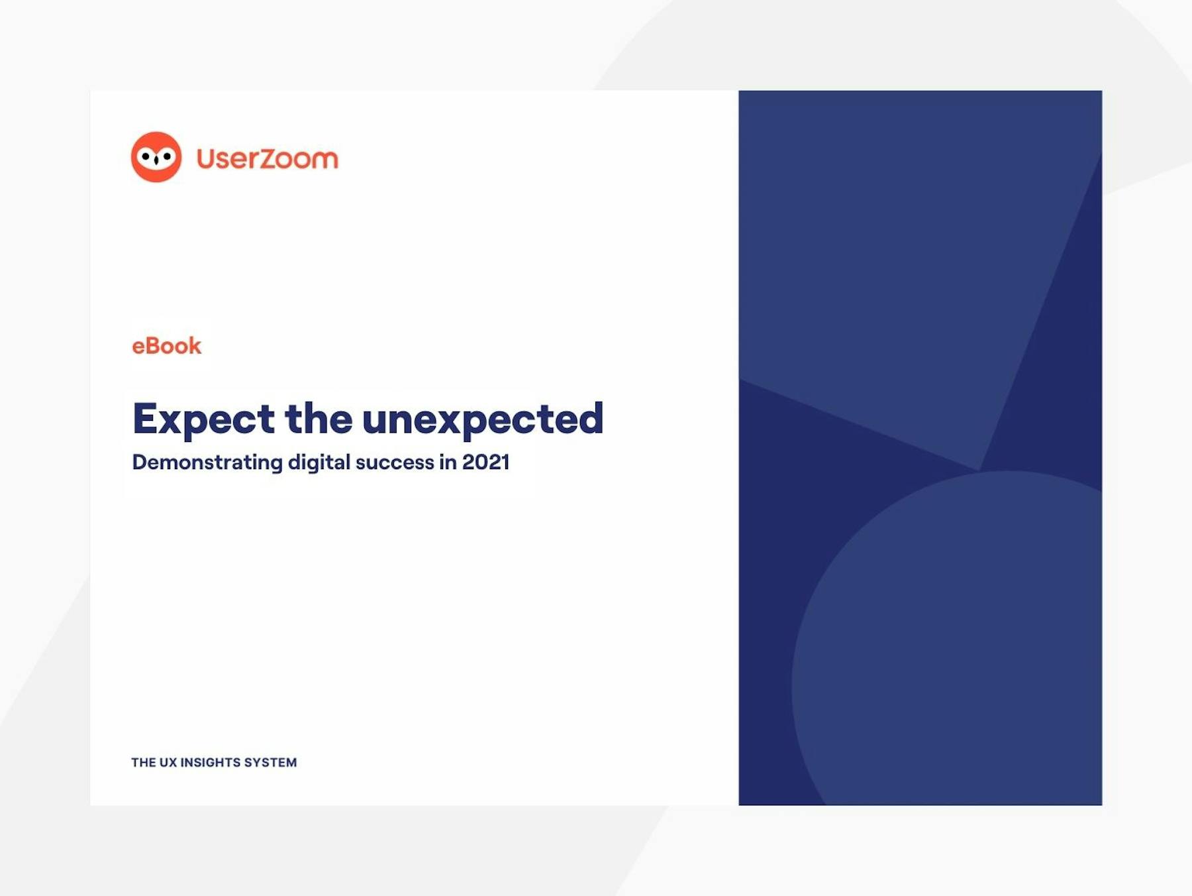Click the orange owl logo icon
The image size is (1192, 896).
[x=156, y=157]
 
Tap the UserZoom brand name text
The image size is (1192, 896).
[x=268, y=158]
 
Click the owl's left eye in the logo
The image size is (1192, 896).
[x=146, y=156]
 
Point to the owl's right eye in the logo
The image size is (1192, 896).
[x=167, y=156]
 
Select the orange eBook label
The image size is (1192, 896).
[x=166, y=346]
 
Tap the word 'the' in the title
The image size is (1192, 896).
[x=319, y=418]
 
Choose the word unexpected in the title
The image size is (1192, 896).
[x=483, y=420]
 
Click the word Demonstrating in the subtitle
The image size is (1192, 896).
[x=207, y=463]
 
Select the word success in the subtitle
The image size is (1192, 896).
[x=395, y=463]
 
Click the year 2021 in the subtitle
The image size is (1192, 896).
[x=486, y=462]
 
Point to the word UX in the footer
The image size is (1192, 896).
[x=168, y=763]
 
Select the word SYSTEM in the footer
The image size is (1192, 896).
[x=270, y=763]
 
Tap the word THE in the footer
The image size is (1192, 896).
[x=144, y=763]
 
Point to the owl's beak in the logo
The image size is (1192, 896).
[x=156, y=161]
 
